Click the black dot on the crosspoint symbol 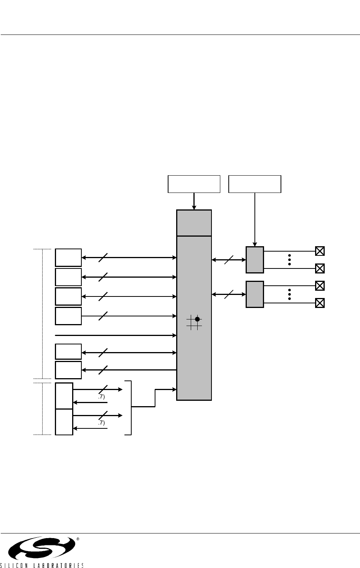coord(197,319)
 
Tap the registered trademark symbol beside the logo coord(78,539)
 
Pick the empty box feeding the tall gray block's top coord(194,184)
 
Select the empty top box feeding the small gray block coord(255,184)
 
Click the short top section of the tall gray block coord(194,223)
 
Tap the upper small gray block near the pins coord(254,260)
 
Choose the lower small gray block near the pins coord(254,294)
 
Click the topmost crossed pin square coord(320,251)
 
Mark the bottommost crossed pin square coord(320,303)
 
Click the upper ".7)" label coord(101,397)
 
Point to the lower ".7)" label coord(101,423)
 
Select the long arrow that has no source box coord(115,335)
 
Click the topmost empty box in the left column coord(68,257)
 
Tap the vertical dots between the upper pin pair coord(289,260)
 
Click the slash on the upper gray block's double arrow coord(229,260)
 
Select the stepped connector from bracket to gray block coord(155,398)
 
